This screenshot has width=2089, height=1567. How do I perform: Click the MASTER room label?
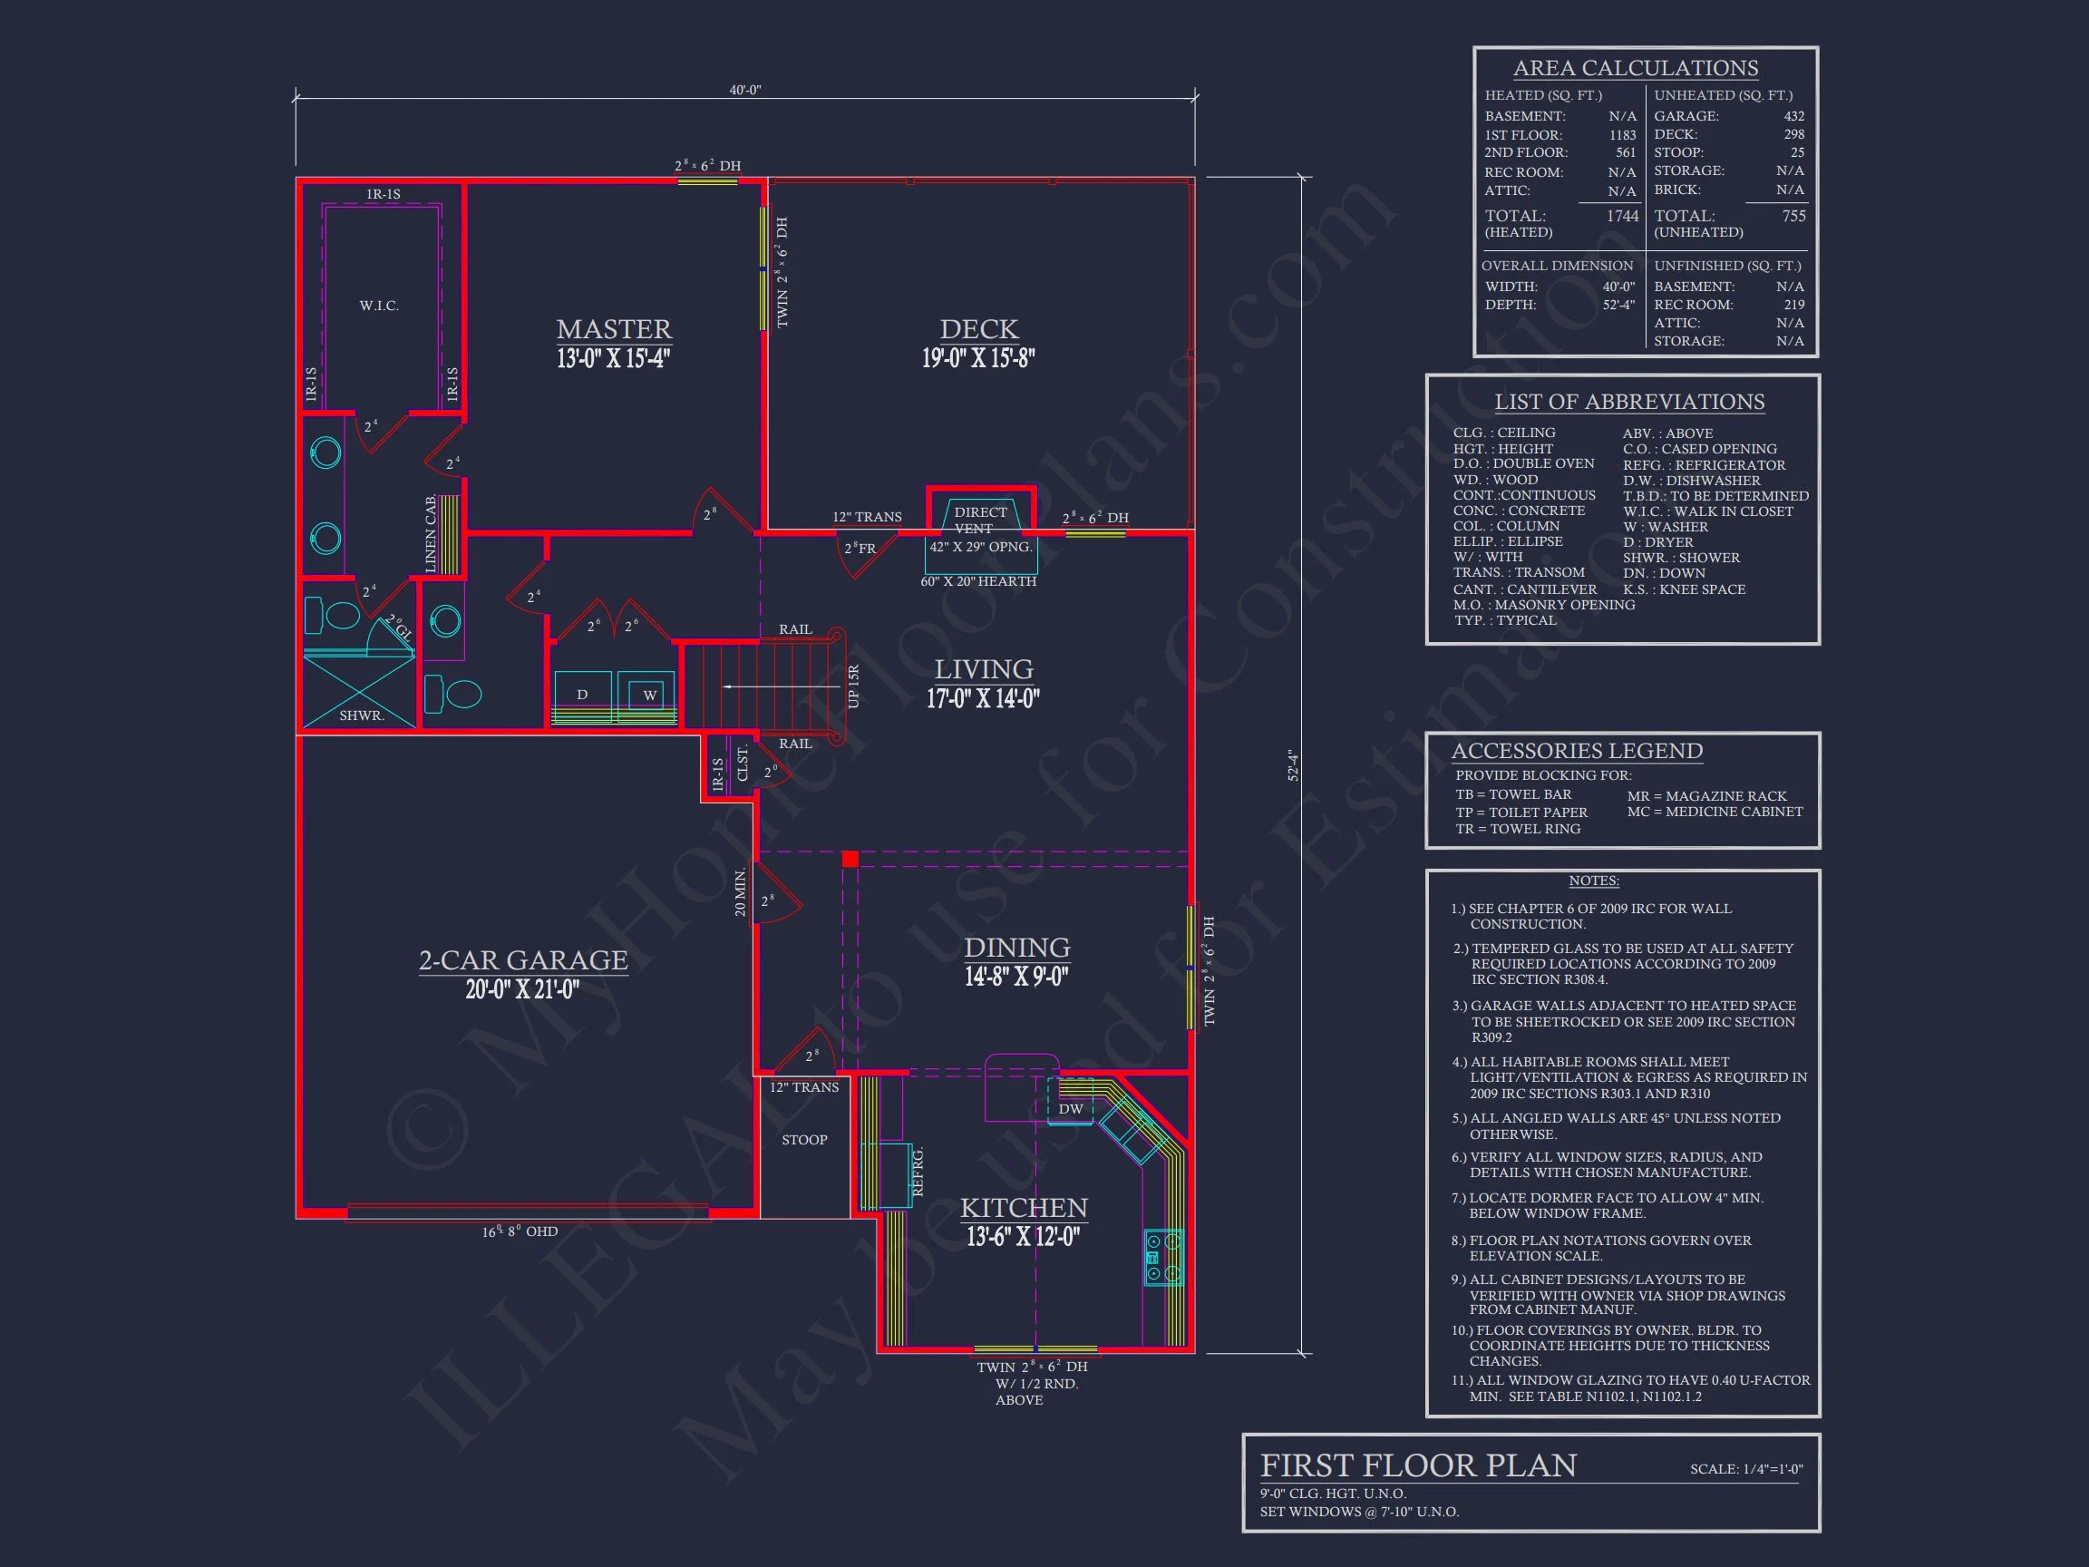(614, 328)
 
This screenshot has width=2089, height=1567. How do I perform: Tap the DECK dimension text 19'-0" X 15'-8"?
(978, 359)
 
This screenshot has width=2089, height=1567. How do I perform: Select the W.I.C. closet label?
(379, 306)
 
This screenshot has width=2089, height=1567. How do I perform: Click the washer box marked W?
(650, 696)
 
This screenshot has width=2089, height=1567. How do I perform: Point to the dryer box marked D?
(582, 696)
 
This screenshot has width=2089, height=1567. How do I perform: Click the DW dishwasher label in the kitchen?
(1070, 1109)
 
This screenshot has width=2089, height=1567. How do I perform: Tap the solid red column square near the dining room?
(850, 859)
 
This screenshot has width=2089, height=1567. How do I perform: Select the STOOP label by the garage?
(803, 1140)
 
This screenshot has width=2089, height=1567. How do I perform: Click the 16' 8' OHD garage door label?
(520, 1231)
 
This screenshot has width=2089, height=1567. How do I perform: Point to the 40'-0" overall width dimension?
(744, 90)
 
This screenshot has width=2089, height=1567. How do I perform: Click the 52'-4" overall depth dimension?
(1293, 765)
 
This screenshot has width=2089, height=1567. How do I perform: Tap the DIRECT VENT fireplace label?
(979, 520)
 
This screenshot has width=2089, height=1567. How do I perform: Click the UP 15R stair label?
(854, 686)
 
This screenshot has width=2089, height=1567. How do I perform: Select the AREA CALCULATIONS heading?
(1635, 68)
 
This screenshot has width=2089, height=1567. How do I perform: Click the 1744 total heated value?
(1622, 217)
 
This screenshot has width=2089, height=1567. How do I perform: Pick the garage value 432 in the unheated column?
(1793, 116)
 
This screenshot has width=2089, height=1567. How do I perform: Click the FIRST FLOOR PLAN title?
(1417, 1465)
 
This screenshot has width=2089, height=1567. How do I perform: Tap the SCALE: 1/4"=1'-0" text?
(1746, 1469)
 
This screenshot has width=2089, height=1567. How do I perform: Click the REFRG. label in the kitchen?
(918, 1173)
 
